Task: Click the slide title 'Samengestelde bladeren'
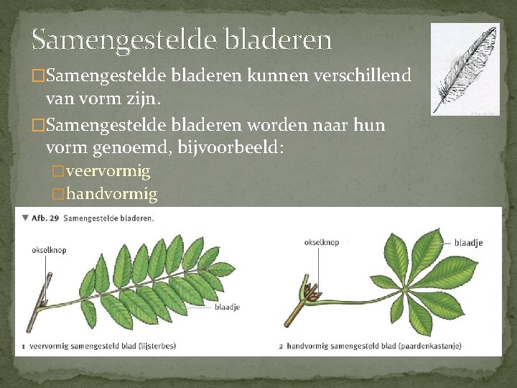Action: click(182, 40)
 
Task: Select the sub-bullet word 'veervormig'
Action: click(107, 171)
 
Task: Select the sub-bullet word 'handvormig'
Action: click(111, 194)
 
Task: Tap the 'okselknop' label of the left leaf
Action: click(48, 251)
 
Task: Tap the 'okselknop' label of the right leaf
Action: click(321, 242)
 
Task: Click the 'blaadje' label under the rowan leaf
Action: click(227, 308)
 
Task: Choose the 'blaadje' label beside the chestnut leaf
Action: click(468, 243)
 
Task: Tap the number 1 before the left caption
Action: click(23, 346)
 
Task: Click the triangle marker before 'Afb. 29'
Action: click(25, 217)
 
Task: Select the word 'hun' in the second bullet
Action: click(370, 126)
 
